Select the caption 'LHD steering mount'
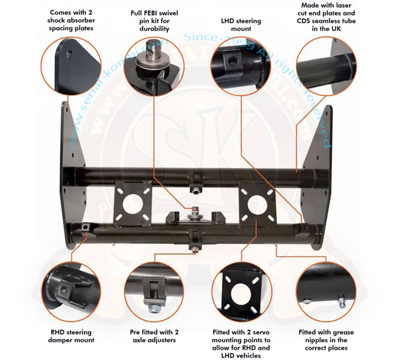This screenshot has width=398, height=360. coord(241,24)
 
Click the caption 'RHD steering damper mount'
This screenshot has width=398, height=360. coord(71,336)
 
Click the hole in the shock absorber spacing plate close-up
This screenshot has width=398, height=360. coord(69,54)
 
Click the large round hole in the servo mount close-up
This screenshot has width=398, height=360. coord(241,294)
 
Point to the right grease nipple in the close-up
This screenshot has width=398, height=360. coord(342,301)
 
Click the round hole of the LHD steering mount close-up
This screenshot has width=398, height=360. coord(233,61)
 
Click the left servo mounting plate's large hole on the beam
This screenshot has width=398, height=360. coord(133,203)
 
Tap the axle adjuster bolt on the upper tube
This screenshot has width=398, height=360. coord(195,191)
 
